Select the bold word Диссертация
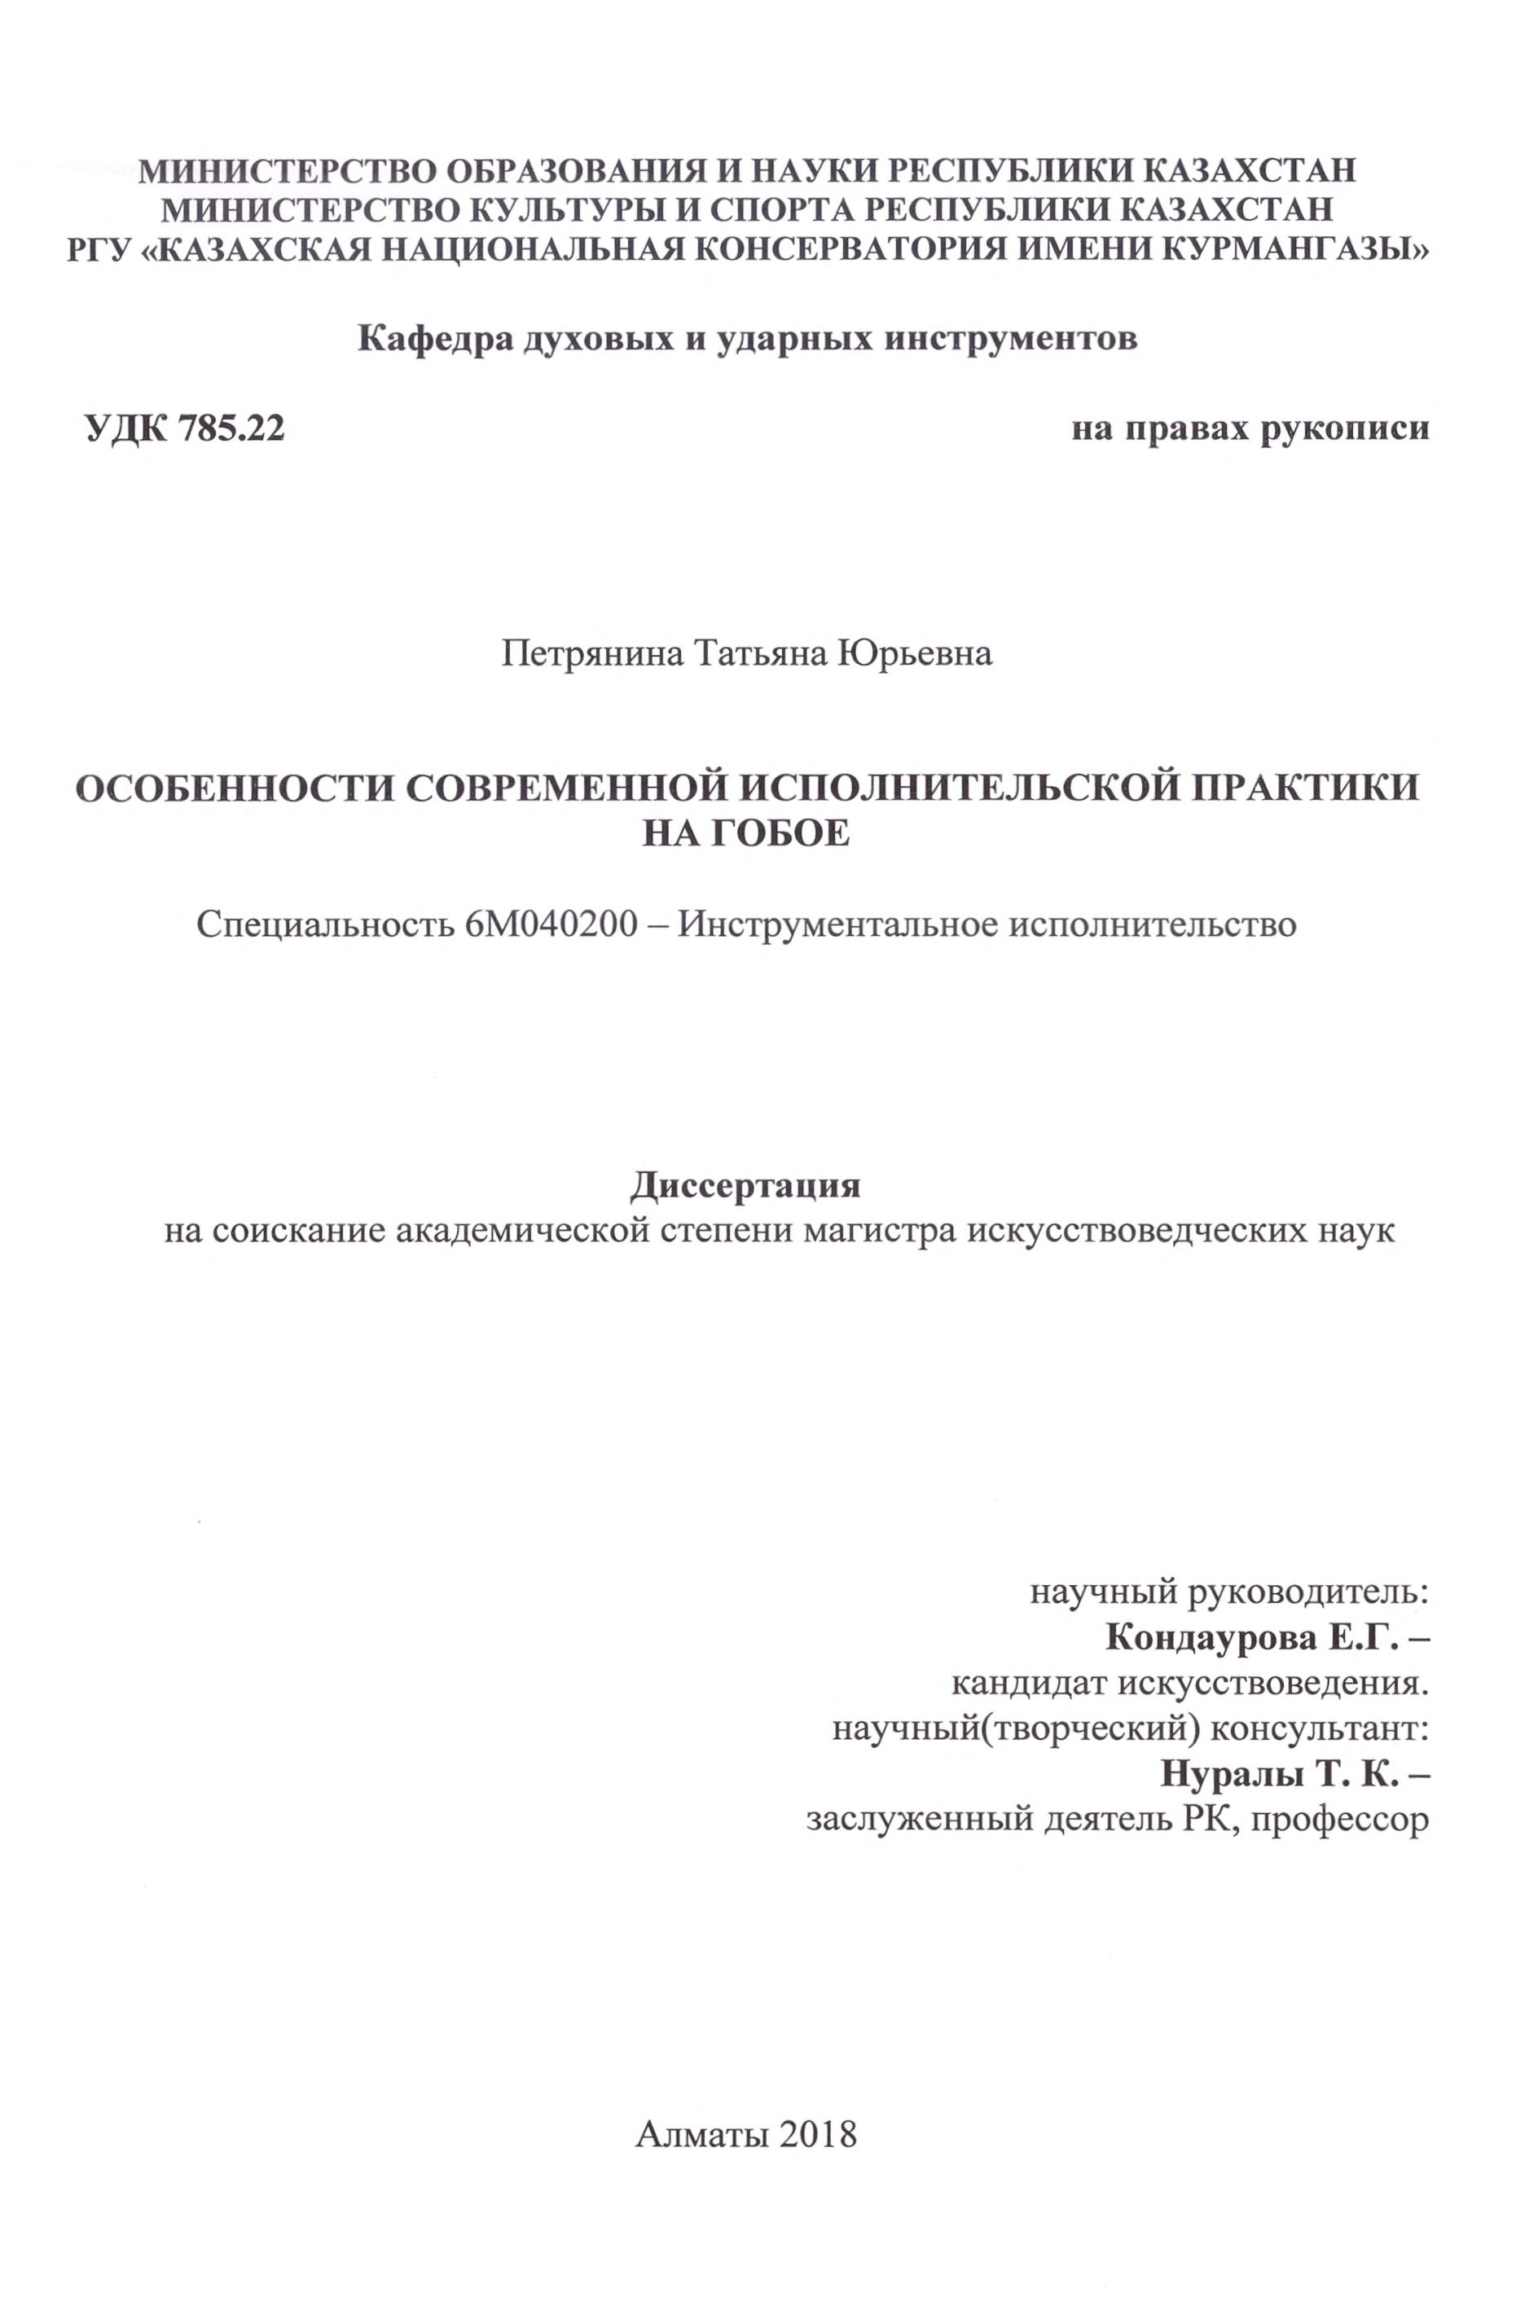[746, 1185]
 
